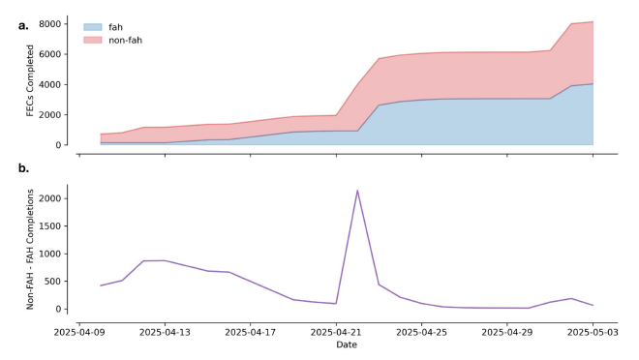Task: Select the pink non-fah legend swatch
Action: (93, 40)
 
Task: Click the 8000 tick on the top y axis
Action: (49, 23)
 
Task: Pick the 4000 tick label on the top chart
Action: (49, 84)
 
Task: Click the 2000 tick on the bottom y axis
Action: (48, 198)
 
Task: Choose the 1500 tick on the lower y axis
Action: (48, 226)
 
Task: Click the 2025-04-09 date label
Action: (79, 331)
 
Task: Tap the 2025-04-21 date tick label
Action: (336, 331)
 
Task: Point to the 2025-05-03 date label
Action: (593, 331)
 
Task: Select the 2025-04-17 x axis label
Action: (251, 331)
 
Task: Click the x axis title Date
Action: (347, 345)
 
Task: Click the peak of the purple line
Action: (357, 191)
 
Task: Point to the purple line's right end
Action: (593, 306)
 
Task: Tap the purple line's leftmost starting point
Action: (101, 285)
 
